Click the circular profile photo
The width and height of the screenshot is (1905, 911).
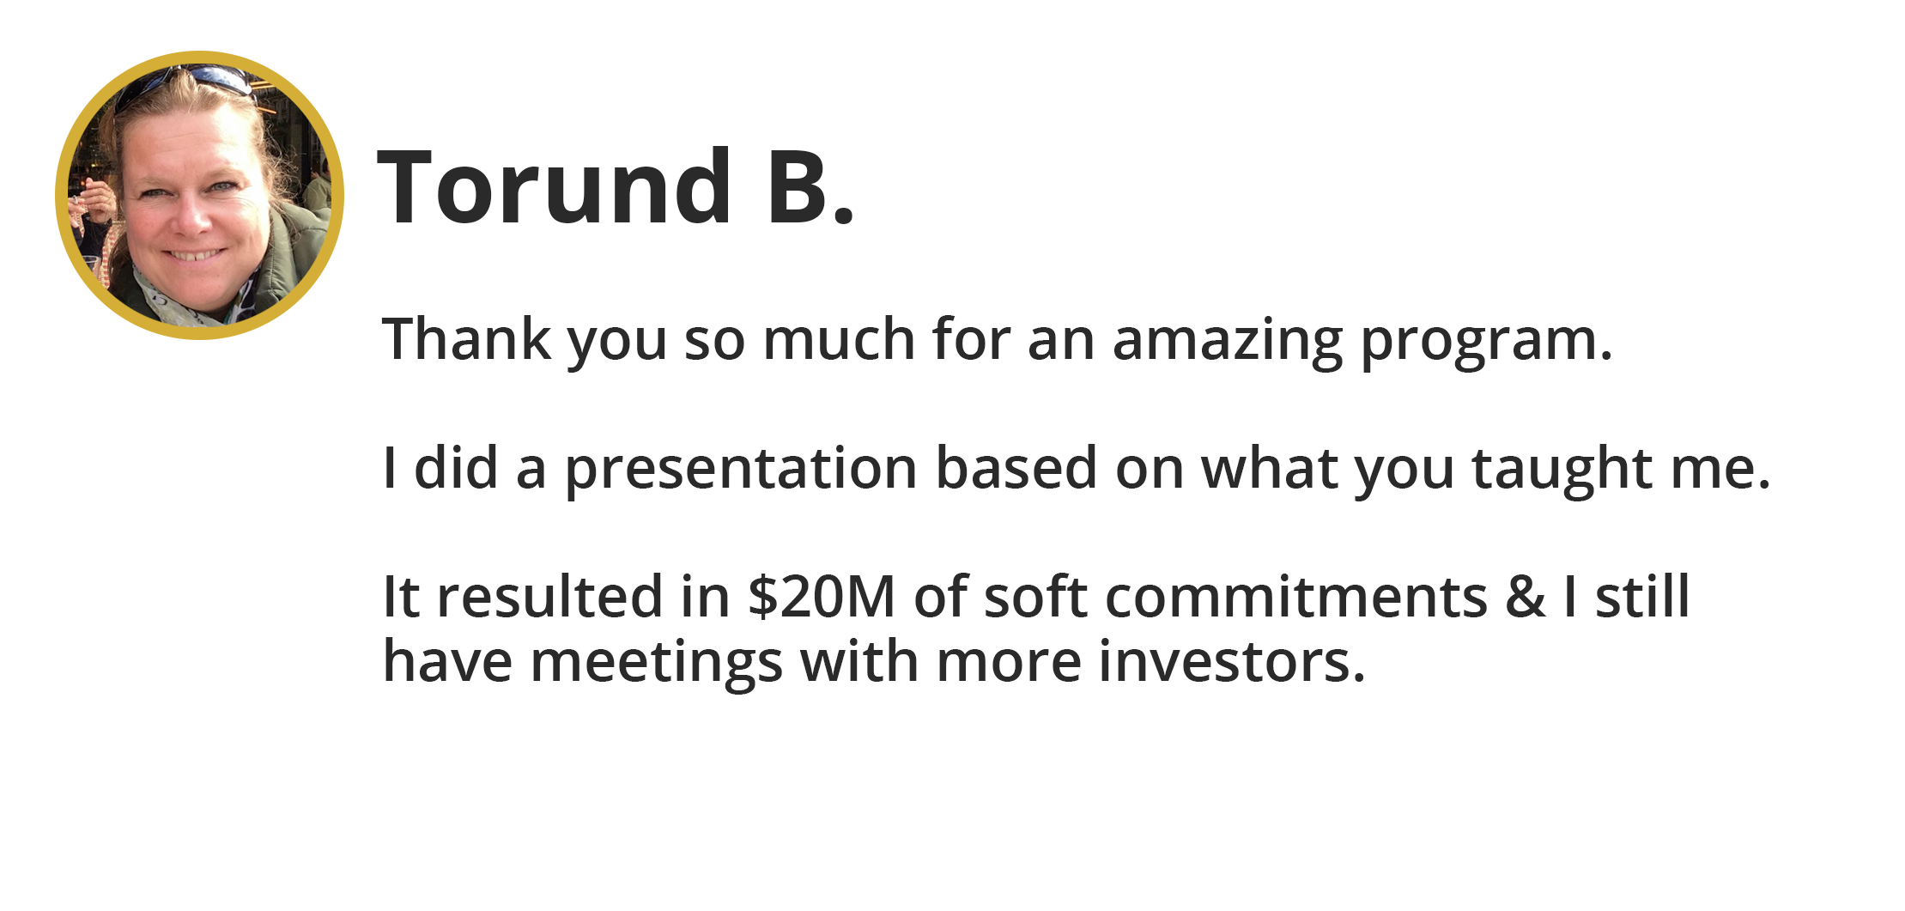[199, 195]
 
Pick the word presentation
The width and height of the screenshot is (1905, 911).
[741, 471]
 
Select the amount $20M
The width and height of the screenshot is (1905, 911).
[822, 597]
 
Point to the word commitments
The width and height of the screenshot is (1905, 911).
[1296, 597]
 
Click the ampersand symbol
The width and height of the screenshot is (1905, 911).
[1526, 597]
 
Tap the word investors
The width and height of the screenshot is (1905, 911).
[1232, 662]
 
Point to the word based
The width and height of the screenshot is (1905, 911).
[1016, 468]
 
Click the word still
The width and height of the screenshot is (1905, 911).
[1642, 596]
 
